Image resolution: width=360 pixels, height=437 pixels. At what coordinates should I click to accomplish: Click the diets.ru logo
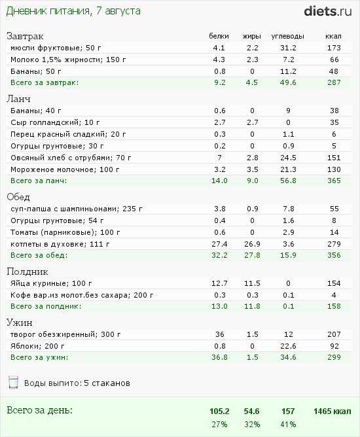[x=328, y=11]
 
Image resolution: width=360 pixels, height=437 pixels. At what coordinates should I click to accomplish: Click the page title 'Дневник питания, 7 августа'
[x=73, y=11]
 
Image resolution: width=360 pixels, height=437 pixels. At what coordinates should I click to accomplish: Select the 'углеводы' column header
[x=287, y=36]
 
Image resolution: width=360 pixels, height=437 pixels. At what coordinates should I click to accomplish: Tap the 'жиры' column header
[x=252, y=36]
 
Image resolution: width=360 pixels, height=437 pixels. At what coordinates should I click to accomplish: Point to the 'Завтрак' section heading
[x=25, y=36]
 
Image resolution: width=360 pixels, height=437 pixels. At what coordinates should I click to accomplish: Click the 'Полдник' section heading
[x=27, y=271]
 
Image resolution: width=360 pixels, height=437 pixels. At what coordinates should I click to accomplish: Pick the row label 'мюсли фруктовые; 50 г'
[x=56, y=48]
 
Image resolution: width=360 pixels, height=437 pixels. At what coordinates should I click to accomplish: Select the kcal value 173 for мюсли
[x=334, y=48]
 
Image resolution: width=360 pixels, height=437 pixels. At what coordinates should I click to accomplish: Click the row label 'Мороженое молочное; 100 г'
[x=65, y=169]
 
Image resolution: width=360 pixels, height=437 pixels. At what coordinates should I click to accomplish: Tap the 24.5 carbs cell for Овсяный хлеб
[x=288, y=158]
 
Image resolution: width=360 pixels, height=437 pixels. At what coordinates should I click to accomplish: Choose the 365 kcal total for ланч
[x=334, y=181]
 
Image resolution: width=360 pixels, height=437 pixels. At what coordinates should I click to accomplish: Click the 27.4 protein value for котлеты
[x=219, y=244]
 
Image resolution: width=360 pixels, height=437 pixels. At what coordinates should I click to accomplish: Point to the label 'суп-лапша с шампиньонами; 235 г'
[x=77, y=209]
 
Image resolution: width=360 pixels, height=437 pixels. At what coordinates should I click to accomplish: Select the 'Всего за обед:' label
[x=39, y=255]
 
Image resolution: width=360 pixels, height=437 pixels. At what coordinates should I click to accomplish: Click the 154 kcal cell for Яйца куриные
[x=334, y=283]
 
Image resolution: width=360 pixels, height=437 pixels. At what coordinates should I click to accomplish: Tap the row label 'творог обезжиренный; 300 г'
[x=65, y=334]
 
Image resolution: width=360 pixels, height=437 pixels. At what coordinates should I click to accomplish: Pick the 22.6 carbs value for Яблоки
[x=288, y=346]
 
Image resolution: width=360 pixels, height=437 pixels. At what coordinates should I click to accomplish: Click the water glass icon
[x=13, y=382]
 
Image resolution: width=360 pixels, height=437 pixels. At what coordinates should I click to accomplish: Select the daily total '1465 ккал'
[x=333, y=411]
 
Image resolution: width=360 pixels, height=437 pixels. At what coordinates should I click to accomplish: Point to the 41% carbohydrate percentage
[x=288, y=425]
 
